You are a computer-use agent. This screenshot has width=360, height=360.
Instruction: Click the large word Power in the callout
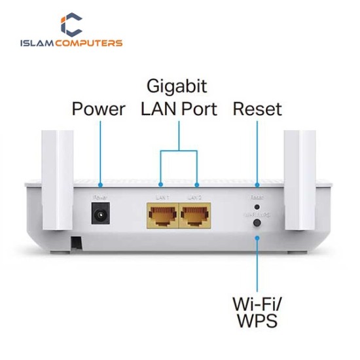point(98,109)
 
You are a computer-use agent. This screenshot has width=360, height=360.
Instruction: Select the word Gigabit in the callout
point(179,86)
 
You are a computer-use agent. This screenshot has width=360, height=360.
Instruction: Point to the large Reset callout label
point(257,109)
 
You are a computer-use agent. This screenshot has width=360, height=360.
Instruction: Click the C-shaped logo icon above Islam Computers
point(70,25)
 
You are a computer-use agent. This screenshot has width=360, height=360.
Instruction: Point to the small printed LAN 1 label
point(162,197)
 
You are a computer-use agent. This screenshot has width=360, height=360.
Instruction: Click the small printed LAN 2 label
point(196,197)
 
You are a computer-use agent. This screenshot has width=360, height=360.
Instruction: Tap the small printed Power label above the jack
point(100,197)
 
